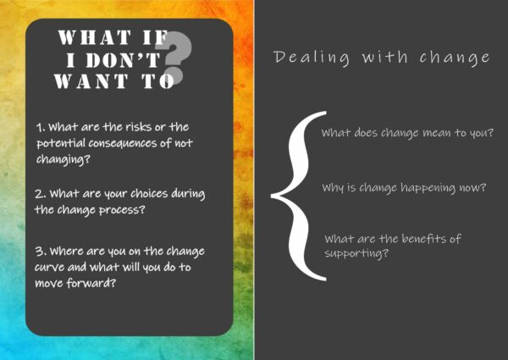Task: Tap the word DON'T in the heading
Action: (x=123, y=59)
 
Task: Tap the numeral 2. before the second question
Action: (x=40, y=194)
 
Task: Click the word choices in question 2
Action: (x=149, y=193)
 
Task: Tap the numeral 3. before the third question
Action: (x=41, y=251)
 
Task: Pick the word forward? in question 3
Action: (x=91, y=284)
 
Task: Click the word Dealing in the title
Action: (x=312, y=58)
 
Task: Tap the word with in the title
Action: (x=384, y=57)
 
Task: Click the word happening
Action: (x=428, y=188)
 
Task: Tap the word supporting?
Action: (x=356, y=253)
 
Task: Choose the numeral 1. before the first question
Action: (x=41, y=127)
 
